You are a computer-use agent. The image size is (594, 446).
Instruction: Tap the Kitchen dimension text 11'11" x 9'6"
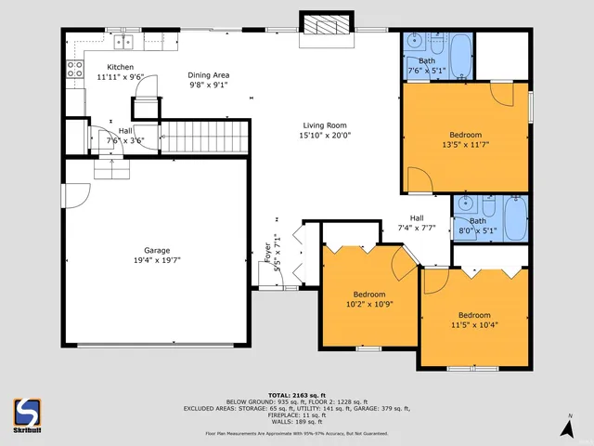[x=120, y=77]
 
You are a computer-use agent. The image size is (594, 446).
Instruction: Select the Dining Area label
[x=208, y=74]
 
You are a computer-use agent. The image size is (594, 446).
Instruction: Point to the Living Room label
[x=324, y=125]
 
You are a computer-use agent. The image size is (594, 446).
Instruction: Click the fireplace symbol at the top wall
[x=326, y=25]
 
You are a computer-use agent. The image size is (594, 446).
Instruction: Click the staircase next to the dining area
[x=206, y=138]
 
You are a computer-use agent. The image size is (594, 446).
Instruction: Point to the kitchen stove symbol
[x=76, y=68]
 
